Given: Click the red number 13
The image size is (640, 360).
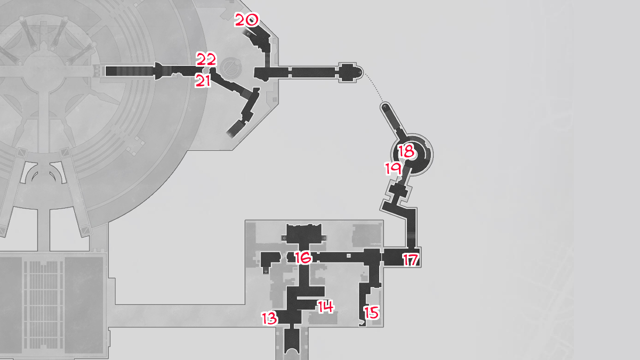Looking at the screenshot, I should pos(270,319).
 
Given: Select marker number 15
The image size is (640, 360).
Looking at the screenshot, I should pos(372,312).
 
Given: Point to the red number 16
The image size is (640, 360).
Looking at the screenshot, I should pos(302,258).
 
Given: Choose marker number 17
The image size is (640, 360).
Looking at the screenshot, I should pos(410,260).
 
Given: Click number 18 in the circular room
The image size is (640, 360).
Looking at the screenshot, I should pos(406,151).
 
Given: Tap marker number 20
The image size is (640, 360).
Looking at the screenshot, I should pos(246,21).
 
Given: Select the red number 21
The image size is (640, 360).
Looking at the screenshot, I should pos(203,81).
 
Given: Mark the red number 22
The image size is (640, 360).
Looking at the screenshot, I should pos(206,59).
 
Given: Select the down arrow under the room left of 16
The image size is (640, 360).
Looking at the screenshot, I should pos(266,271).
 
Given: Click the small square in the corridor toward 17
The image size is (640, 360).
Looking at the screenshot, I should pos(348,257).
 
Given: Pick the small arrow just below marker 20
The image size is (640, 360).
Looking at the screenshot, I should pos(249,32).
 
